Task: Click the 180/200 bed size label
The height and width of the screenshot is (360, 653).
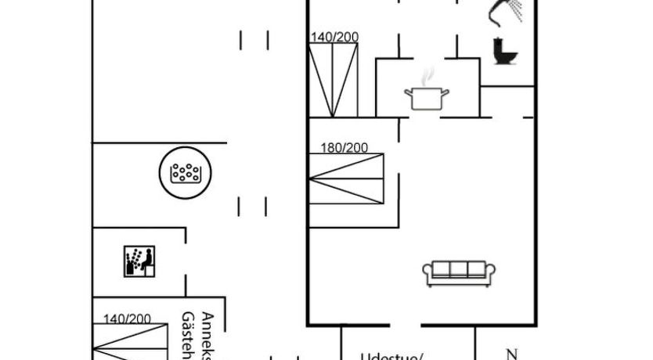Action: [344, 147]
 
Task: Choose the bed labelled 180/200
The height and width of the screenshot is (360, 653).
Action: [347, 179]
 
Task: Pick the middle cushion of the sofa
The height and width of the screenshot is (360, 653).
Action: [458, 269]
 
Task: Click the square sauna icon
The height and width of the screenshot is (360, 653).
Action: [139, 261]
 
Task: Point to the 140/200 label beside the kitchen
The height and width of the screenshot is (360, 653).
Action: [334, 38]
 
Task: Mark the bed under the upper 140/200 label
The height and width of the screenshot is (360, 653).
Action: [334, 80]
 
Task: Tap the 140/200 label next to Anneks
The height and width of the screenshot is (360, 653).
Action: [127, 319]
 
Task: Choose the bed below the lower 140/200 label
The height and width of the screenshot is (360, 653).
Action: [131, 342]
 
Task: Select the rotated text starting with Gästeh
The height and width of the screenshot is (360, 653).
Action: [189, 335]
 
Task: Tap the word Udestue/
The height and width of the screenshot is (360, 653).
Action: [391, 356]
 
